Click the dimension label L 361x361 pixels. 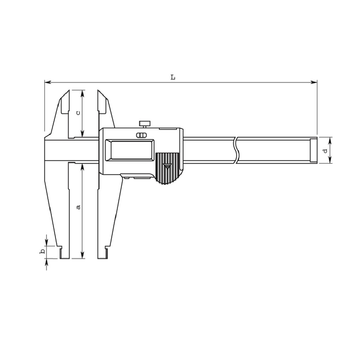[x=173, y=77]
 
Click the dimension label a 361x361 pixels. [x=79, y=207]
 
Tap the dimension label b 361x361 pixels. [x=42, y=252]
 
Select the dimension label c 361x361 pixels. [x=78, y=113]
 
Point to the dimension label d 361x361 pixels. [x=325, y=151]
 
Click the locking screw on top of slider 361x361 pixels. [x=144, y=125]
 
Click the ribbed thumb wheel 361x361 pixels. [x=167, y=168]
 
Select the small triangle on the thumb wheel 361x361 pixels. [x=167, y=166]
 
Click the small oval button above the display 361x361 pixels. [x=141, y=135]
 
